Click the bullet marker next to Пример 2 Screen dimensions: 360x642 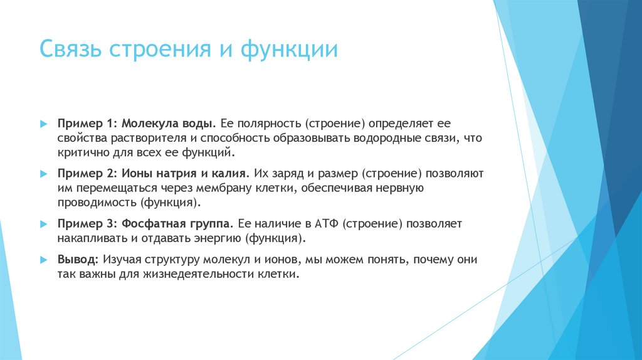click(x=43, y=172)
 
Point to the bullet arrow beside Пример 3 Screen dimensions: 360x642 click(x=43, y=223)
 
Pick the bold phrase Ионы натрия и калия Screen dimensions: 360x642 click(x=187, y=172)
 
